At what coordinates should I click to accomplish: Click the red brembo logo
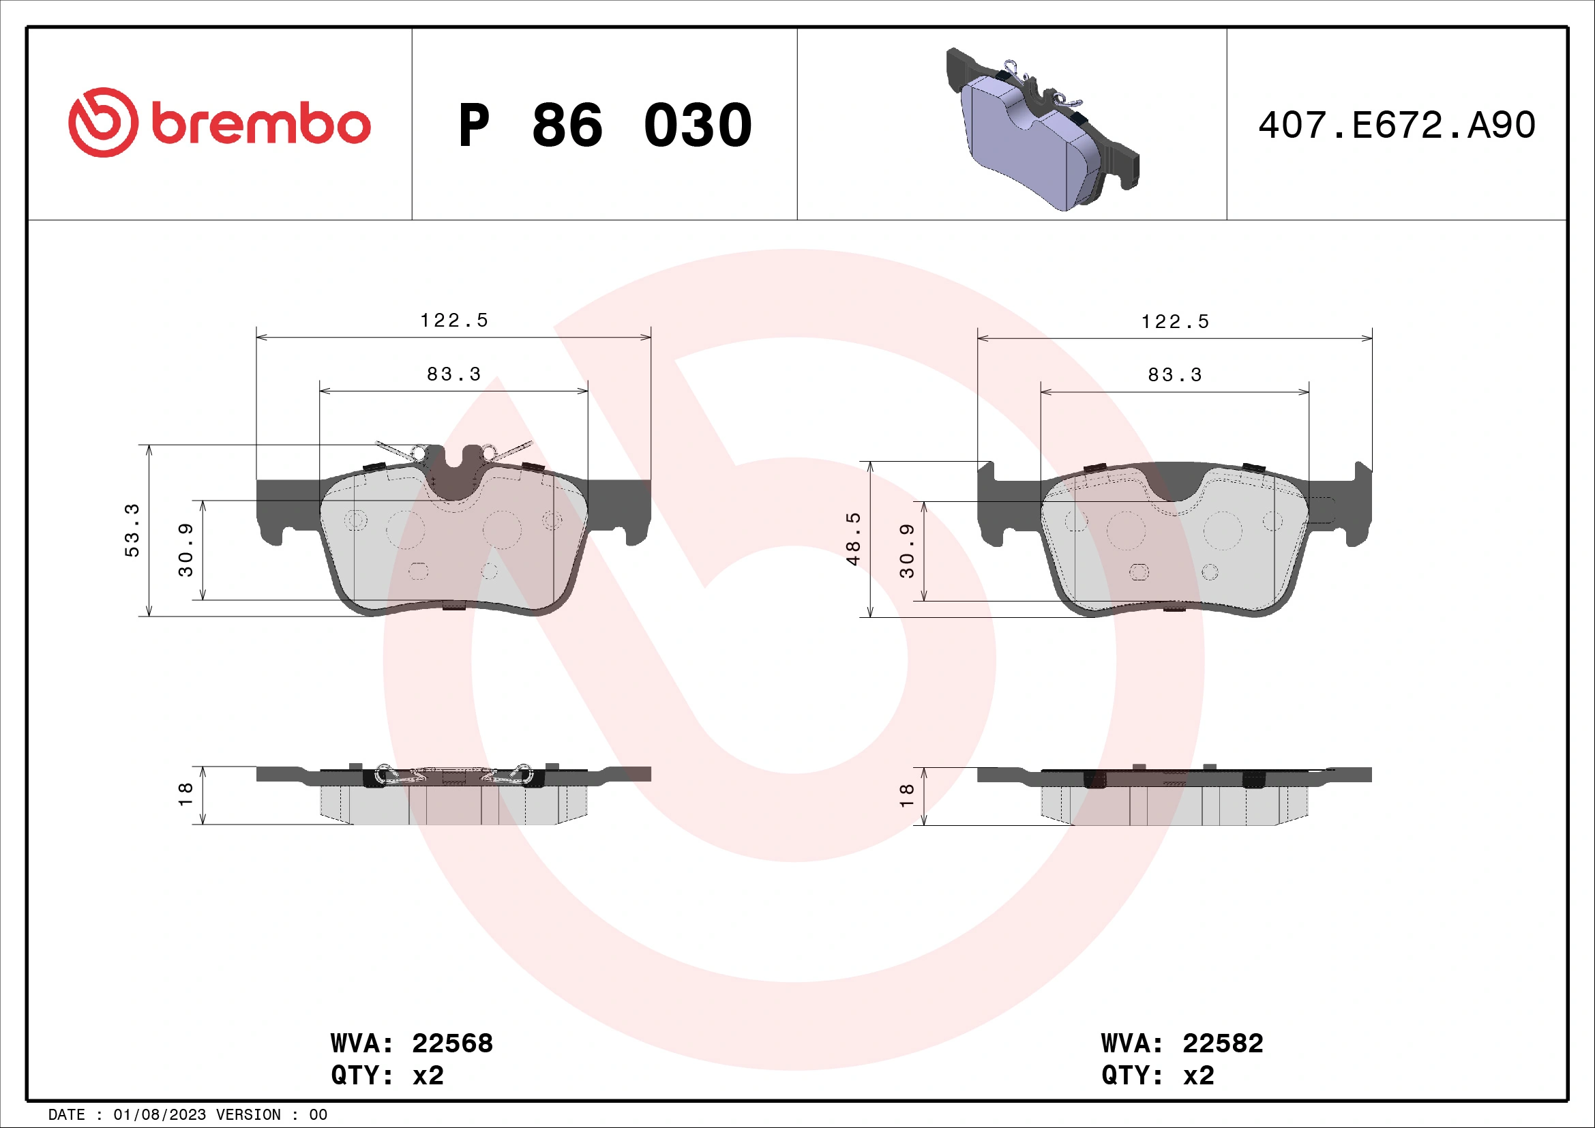coord(219,123)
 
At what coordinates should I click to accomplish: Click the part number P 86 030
coord(604,125)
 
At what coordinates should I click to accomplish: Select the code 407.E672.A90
coord(1397,125)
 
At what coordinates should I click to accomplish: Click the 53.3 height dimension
coord(132,530)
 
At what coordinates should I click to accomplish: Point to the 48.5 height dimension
coord(853,538)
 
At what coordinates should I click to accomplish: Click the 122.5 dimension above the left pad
coord(453,321)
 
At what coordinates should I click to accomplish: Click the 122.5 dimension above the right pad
coord(1175,322)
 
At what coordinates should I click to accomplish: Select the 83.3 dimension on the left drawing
coord(453,374)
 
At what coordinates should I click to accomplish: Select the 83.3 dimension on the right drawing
coord(1175,375)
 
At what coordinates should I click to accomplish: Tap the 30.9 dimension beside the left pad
coord(185,550)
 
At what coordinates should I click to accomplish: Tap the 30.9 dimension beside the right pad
coord(906,551)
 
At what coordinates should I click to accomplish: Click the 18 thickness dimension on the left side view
coord(185,795)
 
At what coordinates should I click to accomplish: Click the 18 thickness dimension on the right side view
coord(906,795)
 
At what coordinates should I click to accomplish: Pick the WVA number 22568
coord(452,1043)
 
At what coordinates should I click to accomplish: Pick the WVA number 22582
coord(1223,1043)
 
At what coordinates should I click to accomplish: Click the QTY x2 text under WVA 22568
coord(387,1075)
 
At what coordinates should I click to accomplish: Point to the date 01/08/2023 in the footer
coord(159,1115)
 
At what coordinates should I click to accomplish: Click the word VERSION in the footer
coord(248,1115)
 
